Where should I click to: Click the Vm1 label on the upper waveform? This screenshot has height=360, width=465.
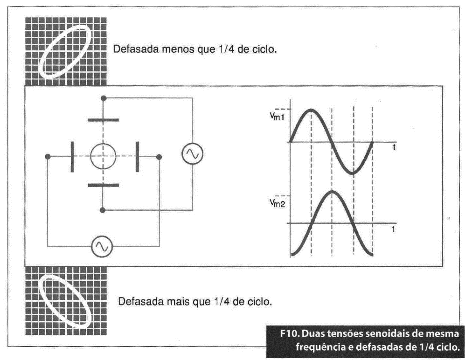coord(277,116)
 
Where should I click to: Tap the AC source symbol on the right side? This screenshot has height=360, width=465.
coord(192,153)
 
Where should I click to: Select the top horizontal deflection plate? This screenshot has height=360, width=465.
coord(103,120)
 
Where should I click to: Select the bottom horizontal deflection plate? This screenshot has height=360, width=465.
coord(103,185)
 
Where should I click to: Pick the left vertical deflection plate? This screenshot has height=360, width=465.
coord(72,157)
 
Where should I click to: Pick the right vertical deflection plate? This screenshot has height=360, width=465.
coord(137,157)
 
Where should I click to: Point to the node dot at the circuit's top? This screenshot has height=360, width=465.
coord(103,98)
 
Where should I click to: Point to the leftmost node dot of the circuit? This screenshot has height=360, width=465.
coord(48,157)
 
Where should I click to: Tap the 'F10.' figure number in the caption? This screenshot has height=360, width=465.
coord(290,333)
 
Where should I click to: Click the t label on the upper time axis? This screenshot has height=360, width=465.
coord(394,147)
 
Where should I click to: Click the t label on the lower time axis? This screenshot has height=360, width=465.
coord(393,229)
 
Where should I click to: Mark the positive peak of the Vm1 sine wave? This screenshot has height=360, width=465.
coord(311,110)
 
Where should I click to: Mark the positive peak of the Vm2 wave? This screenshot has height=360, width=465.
coord(332,191)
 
